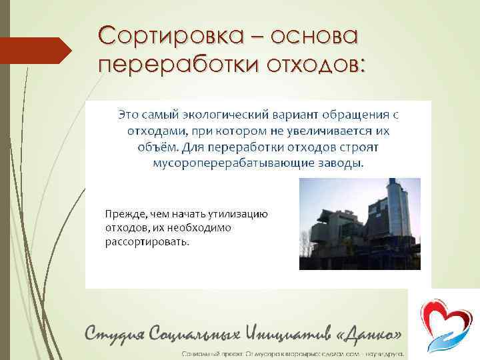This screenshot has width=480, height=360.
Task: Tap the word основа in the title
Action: (316, 35)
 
